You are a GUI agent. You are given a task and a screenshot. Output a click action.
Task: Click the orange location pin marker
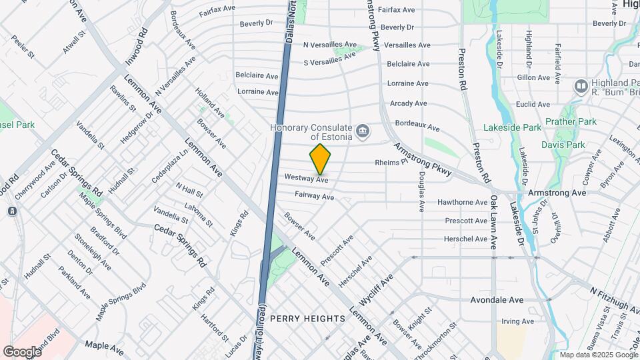coord(320,159)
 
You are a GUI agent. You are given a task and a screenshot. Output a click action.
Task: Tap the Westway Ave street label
coord(307,179)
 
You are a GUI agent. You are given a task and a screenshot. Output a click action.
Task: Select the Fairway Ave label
coord(315,197)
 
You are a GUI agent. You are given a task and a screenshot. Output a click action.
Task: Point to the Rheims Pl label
coord(391,162)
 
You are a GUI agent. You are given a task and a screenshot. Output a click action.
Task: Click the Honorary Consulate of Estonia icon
coord(363,130)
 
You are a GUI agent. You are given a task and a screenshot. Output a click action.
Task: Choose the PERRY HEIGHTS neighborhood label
coord(307,319)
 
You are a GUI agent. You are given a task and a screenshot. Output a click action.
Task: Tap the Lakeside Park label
coord(519,127)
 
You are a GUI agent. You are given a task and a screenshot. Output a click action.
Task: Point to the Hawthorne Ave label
coord(462,202)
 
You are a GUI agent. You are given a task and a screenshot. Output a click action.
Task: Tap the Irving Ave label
coord(518,321)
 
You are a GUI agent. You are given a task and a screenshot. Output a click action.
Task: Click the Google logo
coord(22,351)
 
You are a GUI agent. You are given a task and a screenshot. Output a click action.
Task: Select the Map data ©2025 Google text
coord(597,355)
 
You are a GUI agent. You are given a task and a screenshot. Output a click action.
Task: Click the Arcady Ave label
coord(408,103)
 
